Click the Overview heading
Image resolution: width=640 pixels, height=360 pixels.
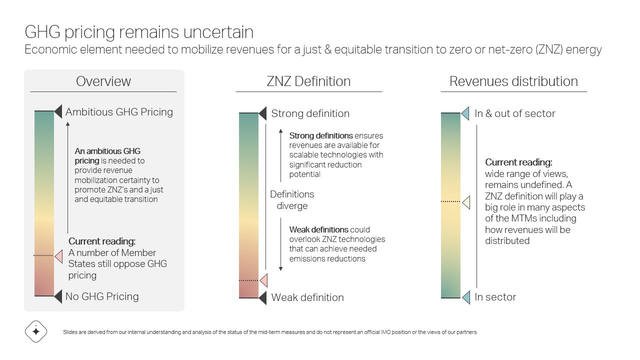pos(103,81)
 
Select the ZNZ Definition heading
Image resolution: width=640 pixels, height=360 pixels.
pos(308,81)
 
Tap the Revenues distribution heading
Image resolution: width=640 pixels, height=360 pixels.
pos(513,81)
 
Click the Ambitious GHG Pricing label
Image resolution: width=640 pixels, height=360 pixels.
pos(119,112)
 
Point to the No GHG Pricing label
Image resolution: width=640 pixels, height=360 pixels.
pos(102,296)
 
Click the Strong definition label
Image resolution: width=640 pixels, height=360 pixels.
pos(310,113)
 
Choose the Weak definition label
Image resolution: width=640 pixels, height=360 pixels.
pos(307,297)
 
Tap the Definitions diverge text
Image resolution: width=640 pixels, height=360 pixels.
pos(292,200)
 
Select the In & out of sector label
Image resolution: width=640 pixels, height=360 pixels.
pos(515,113)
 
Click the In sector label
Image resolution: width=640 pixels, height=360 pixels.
pos(495,297)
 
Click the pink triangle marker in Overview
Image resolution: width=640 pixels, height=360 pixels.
pos(59,256)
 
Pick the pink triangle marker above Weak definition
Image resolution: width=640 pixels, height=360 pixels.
pos(264,280)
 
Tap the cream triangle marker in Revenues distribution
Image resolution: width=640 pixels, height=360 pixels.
pos(466,202)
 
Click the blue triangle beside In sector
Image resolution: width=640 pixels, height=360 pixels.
pos(466,297)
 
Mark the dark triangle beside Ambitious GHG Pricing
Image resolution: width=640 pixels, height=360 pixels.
pos(58,111)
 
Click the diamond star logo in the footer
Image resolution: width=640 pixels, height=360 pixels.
pos(36,331)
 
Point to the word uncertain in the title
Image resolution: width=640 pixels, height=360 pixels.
pos(218,32)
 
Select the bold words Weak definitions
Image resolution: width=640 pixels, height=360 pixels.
pos(319,229)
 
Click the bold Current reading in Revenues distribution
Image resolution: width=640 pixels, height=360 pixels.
pos(519,162)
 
